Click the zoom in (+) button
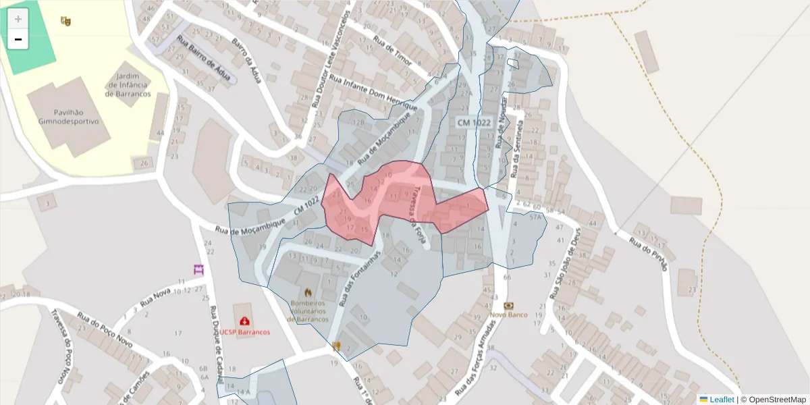click(18, 19)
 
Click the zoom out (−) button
click(18, 40)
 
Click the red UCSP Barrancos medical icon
click(244, 321)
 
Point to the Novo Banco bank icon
click(508, 305)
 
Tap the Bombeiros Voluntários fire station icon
click(308, 292)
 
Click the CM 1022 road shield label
click(473, 122)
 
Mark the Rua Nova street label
click(156, 297)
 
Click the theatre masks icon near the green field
click(65, 22)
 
